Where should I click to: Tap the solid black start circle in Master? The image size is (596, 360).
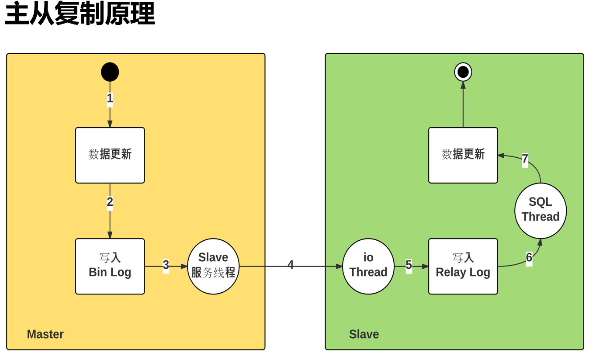pos(110,72)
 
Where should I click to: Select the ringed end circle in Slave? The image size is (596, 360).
pos(463,72)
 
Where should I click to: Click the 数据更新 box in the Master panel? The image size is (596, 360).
pos(110,155)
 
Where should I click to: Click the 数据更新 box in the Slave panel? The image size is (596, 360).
pos(463,155)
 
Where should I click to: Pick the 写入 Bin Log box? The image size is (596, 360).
pos(110,266)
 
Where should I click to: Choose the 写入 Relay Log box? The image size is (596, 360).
pos(463,266)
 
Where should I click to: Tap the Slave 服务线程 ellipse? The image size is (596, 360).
pos(213,266)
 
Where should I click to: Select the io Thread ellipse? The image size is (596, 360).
pos(368,266)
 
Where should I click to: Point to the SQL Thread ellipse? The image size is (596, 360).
pos(541,210)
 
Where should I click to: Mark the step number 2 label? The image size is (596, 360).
pos(110,202)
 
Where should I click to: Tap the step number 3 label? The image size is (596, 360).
pos(166,265)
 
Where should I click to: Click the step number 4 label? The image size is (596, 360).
pos(291,265)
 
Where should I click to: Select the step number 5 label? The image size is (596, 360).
pos(409,265)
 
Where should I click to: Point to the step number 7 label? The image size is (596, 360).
pos(525,159)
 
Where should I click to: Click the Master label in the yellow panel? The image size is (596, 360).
pos(45,334)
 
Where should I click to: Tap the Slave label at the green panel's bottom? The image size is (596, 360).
pos(364,334)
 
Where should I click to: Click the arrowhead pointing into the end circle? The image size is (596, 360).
pos(463,85)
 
